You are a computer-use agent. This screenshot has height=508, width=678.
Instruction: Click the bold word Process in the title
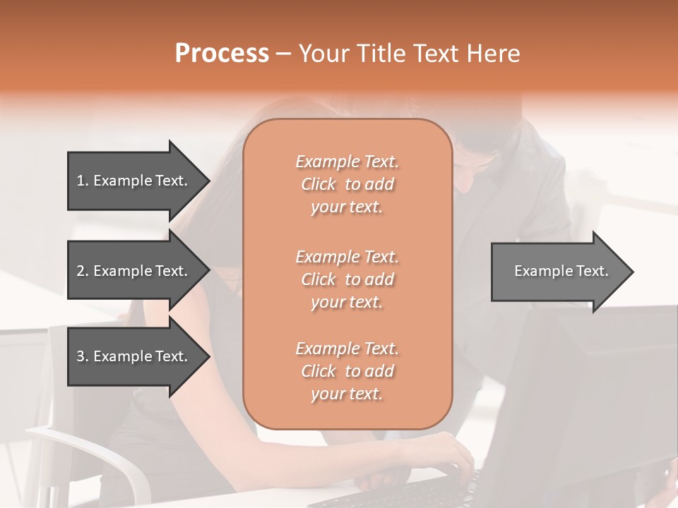(222, 54)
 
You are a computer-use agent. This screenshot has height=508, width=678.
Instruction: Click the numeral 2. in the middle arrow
(82, 271)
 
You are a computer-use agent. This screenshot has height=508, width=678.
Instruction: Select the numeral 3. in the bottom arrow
(82, 356)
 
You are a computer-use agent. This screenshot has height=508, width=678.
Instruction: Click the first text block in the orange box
(347, 184)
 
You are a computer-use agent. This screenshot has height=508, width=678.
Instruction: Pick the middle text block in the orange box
(347, 279)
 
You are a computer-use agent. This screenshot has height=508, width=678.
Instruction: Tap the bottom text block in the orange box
(347, 371)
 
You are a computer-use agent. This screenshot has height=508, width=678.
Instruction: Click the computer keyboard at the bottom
(424, 490)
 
